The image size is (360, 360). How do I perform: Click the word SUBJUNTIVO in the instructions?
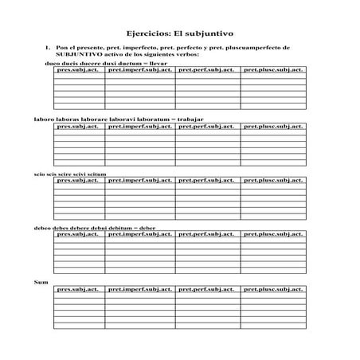[75, 55]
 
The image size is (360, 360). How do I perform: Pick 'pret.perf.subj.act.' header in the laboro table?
[206, 125]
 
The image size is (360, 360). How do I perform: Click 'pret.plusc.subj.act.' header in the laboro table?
[273, 125]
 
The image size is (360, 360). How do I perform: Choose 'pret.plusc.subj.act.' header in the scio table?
[273, 180]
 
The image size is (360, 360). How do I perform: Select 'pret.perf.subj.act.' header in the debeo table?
[206, 235]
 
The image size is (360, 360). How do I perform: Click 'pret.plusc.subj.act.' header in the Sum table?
[273, 290]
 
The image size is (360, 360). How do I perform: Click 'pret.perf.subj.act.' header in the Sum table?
[206, 290]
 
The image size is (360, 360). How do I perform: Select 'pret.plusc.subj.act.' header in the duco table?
[273, 70]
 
